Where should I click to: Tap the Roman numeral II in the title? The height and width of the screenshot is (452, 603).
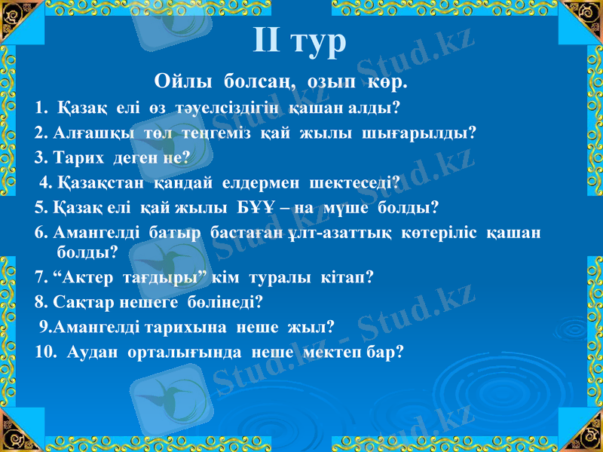pos(267,39)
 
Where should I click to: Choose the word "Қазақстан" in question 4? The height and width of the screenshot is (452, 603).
pos(100,182)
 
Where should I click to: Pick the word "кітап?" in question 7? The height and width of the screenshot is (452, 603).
pos(348,278)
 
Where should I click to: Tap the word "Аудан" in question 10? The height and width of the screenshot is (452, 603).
pos(93,352)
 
